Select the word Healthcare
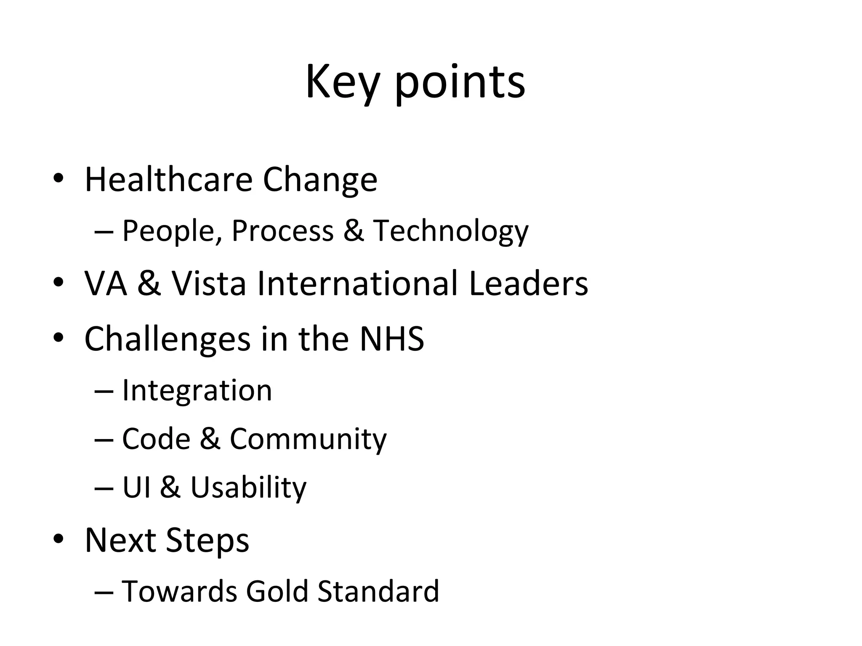coord(168,180)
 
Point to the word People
coord(169,231)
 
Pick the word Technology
coord(451,231)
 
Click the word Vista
coord(209,283)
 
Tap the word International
coord(357,283)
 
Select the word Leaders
coord(528,283)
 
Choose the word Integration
coord(197,390)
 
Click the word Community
coord(308,439)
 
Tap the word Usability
coord(248,488)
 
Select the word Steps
coord(208,540)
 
